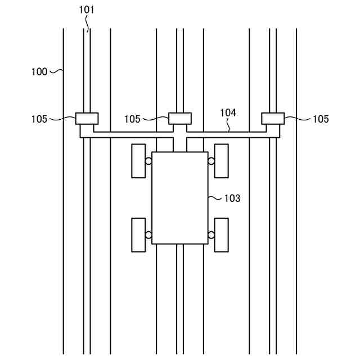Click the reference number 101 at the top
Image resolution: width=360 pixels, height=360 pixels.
click(x=87, y=10)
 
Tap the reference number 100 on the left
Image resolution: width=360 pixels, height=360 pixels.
click(x=39, y=71)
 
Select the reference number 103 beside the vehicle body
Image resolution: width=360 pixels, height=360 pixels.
click(x=232, y=198)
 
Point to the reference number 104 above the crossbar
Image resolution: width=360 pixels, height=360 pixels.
click(x=228, y=112)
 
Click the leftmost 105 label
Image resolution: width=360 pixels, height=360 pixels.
click(x=39, y=119)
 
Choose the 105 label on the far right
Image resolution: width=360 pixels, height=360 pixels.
click(x=321, y=119)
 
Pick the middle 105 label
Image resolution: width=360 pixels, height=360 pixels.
click(x=132, y=119)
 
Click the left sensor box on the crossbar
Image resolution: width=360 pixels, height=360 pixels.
click(x=87, y=119)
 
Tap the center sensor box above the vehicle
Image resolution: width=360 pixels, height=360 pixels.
click(x=180, y=119)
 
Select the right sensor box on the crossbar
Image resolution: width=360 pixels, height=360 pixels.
click(x=273, y=119)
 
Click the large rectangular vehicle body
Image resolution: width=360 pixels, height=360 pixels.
click(x=180, y=197)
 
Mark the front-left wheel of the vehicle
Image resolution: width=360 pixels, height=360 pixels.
click(x=138, y=161)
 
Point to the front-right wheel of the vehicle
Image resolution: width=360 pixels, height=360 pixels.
click(x=222, y=161)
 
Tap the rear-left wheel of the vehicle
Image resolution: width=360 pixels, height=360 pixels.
click(x=138, y=235)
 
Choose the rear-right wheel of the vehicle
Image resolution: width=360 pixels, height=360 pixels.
click(x=222, y=235)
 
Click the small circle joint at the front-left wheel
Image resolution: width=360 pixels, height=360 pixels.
click(x=148, y=161)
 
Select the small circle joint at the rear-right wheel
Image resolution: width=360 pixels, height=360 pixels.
click(x=211, y=235)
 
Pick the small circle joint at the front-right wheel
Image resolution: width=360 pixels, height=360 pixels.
click(x=211, y=161)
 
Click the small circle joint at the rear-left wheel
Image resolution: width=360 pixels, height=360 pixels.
click(x=148, y=235)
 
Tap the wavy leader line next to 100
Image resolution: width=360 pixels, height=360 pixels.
click(x=56, y=71)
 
